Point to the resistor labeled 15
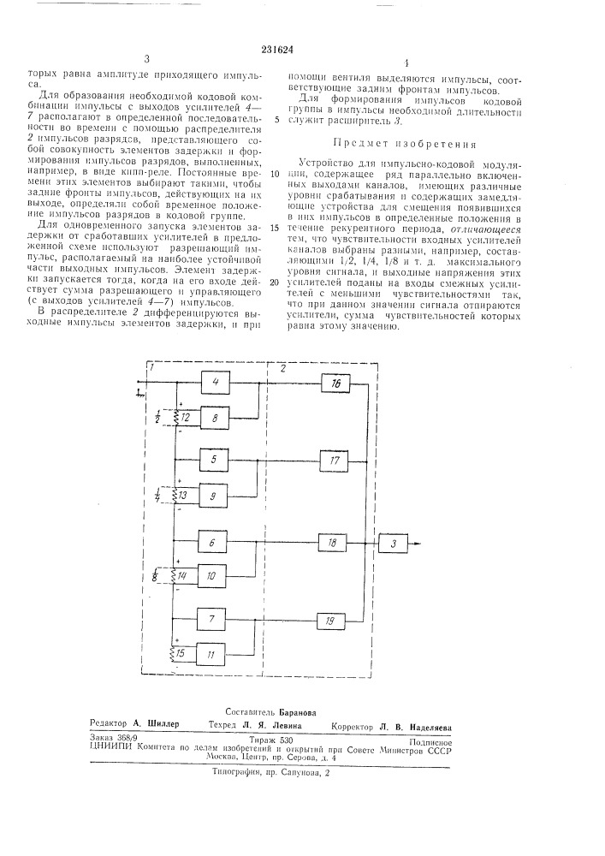pos(178,654)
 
